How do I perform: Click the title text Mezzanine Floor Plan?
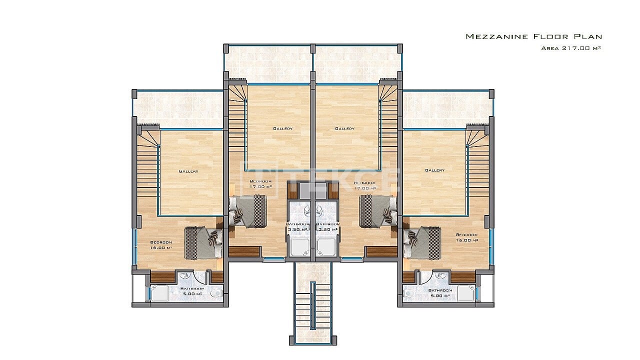pos(533,36)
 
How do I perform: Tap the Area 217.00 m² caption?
pos(570,48)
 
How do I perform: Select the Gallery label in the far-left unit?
pos(188,171)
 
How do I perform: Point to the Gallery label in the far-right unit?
pos(434,170)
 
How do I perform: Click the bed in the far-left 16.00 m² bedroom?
pos(203,243)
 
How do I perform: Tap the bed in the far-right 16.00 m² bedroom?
pos(422,243)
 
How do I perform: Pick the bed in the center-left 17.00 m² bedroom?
pos(248,211)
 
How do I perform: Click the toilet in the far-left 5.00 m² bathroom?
pos(216,293)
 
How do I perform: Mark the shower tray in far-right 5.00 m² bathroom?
pos(465,293)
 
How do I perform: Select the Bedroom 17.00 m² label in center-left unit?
pos(261,183)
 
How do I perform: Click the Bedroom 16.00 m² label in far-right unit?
pos(466,237)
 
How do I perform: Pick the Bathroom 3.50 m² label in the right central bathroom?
pos(328,226)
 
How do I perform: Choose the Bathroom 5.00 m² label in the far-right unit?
pos(440,292)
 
